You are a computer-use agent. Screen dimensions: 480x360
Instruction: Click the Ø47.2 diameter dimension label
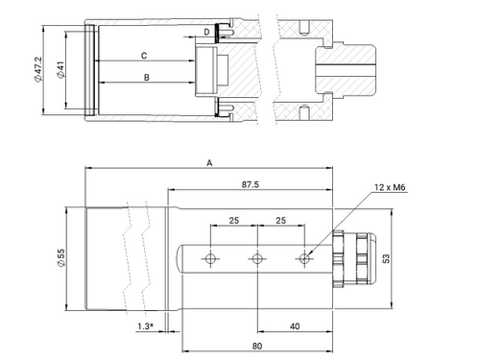click(38, 69)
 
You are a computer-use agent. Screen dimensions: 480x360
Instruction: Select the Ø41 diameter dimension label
click(60, 70)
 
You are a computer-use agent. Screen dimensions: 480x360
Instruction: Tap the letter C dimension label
click(144, 56)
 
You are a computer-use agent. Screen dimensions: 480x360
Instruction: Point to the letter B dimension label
click(147, 78)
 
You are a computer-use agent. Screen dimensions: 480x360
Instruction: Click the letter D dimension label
click(206, 32)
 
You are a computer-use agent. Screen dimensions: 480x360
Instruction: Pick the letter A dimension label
click(209, 163)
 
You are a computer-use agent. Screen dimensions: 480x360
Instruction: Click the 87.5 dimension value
click(251, 184)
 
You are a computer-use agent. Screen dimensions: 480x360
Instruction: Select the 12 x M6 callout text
click(390, 187)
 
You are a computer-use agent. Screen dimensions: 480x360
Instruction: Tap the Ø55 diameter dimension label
click(60, 258)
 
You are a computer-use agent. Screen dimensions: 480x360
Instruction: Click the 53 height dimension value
click(387, 258)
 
